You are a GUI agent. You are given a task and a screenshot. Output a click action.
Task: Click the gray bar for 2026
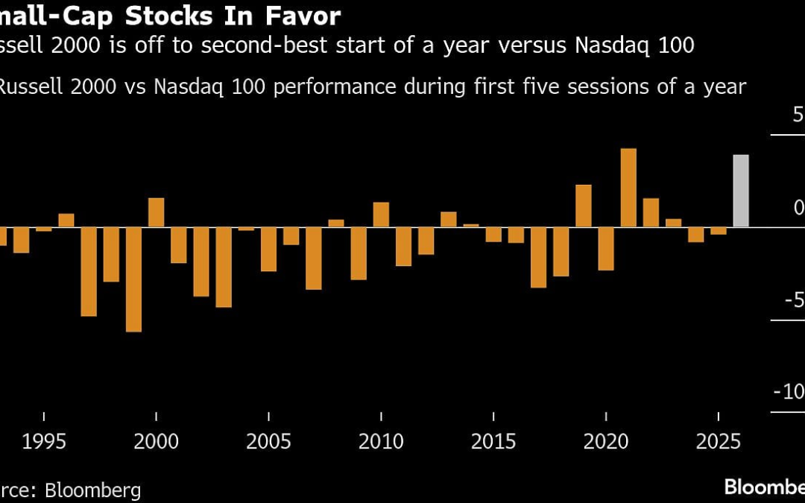click(x=741, y=191)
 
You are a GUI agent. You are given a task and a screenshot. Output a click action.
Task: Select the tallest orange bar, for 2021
click(x=628, y=188)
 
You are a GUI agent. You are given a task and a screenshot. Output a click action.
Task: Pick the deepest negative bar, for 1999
click(x=133, y=279)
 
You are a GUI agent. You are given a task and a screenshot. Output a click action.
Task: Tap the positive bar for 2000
click(x=156, y=212)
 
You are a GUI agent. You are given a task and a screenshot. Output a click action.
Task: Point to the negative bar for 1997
click(x=89, y=272)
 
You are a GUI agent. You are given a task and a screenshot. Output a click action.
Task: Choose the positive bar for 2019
click(x=584, y=206)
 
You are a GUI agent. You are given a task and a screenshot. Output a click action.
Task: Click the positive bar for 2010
click(x=381, y=215)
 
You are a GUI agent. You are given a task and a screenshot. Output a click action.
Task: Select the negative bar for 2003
click(x=224, y=268)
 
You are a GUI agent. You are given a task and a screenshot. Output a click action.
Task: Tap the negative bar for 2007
click(x=314, y=259)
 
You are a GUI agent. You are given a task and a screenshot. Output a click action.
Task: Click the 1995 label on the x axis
click(x=44, y=441)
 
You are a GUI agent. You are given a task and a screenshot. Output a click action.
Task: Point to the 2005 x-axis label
click(x=269, y=441)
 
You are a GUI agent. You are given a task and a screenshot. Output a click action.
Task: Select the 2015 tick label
click(x=493, y=441)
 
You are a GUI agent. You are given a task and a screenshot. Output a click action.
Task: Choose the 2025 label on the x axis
click(x=719, y=441)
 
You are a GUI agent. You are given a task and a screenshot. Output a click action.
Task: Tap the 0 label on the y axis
click(x=798, y=207)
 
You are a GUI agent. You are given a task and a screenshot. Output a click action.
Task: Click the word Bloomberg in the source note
click(x=93, y=490)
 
